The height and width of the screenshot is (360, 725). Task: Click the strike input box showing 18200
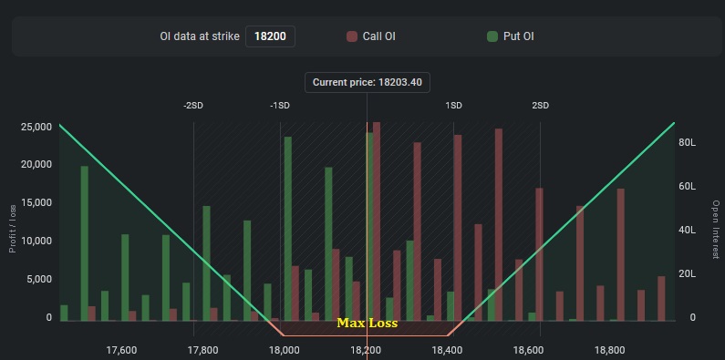[x=270, y=37]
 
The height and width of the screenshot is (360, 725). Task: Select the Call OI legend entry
[x=371, y=37]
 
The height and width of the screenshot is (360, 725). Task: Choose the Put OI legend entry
[x=516, y=37]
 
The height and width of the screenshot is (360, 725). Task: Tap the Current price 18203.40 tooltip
[x=367, y=82]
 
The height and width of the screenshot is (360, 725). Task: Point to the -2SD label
[x=193, y=106]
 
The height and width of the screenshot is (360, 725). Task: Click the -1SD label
[x=279, y=106]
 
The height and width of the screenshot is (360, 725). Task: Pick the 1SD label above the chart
[x=453, y=106]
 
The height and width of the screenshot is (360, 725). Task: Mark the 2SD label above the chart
[x=541, y=106]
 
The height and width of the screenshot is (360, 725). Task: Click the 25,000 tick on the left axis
[x=36, y=127]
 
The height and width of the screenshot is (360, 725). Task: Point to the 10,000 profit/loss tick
[x=36, y=242]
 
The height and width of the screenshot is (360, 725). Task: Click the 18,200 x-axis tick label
[x=366, y=349]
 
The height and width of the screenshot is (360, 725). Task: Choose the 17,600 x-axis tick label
[x=121, y=349]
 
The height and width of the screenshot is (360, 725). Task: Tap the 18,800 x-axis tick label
[x=609, y=349]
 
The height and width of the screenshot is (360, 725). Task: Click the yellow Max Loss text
[x=367, y=323]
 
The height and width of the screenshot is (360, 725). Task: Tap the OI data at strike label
[x=199, y=37]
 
